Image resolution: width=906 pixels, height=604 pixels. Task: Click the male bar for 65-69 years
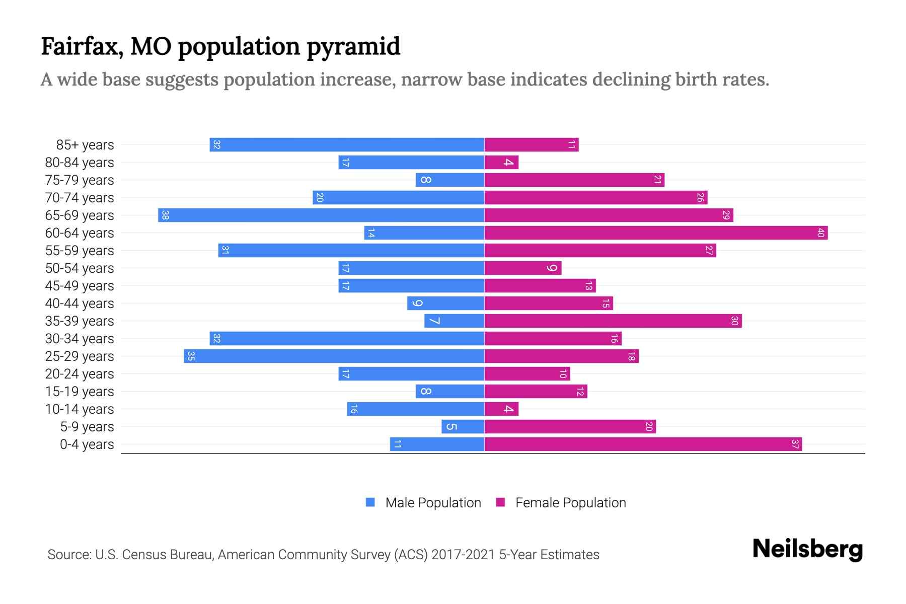(x=321, y=215)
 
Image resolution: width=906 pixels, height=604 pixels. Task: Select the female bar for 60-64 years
(x=656, y=233)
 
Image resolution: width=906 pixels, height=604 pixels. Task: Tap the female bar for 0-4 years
(x=643, y=444)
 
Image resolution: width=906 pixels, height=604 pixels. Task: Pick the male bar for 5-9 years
(x=463, y=426)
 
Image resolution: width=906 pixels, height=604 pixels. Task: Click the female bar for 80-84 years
(x=501, y=162)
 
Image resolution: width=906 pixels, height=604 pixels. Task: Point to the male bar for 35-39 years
(x=454, y=321)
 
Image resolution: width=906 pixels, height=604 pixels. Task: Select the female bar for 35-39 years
(x=613, y=321)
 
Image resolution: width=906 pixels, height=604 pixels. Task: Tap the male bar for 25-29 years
(x=334, y=356)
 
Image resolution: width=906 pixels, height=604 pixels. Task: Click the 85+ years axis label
(x=85, y=145)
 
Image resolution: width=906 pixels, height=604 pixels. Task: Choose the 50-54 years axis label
(x=80, y=268)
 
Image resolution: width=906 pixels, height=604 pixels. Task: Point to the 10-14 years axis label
(x=80, y=409)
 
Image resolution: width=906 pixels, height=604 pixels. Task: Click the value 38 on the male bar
(x=165, y=215)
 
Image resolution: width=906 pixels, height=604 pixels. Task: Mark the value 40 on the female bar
(x=820, y=233)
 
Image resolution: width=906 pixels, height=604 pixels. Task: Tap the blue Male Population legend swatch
(x=370, y=502)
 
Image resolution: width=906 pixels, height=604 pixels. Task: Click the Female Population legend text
(x=570, y=503)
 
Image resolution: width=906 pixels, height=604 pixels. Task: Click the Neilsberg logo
(x=807, y=549)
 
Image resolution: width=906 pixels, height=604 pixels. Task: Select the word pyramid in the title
(x=353, y=46)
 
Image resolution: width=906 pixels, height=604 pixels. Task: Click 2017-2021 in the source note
(x=463, y=555)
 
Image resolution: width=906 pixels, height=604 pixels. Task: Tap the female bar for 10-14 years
(x=501, y=409)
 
